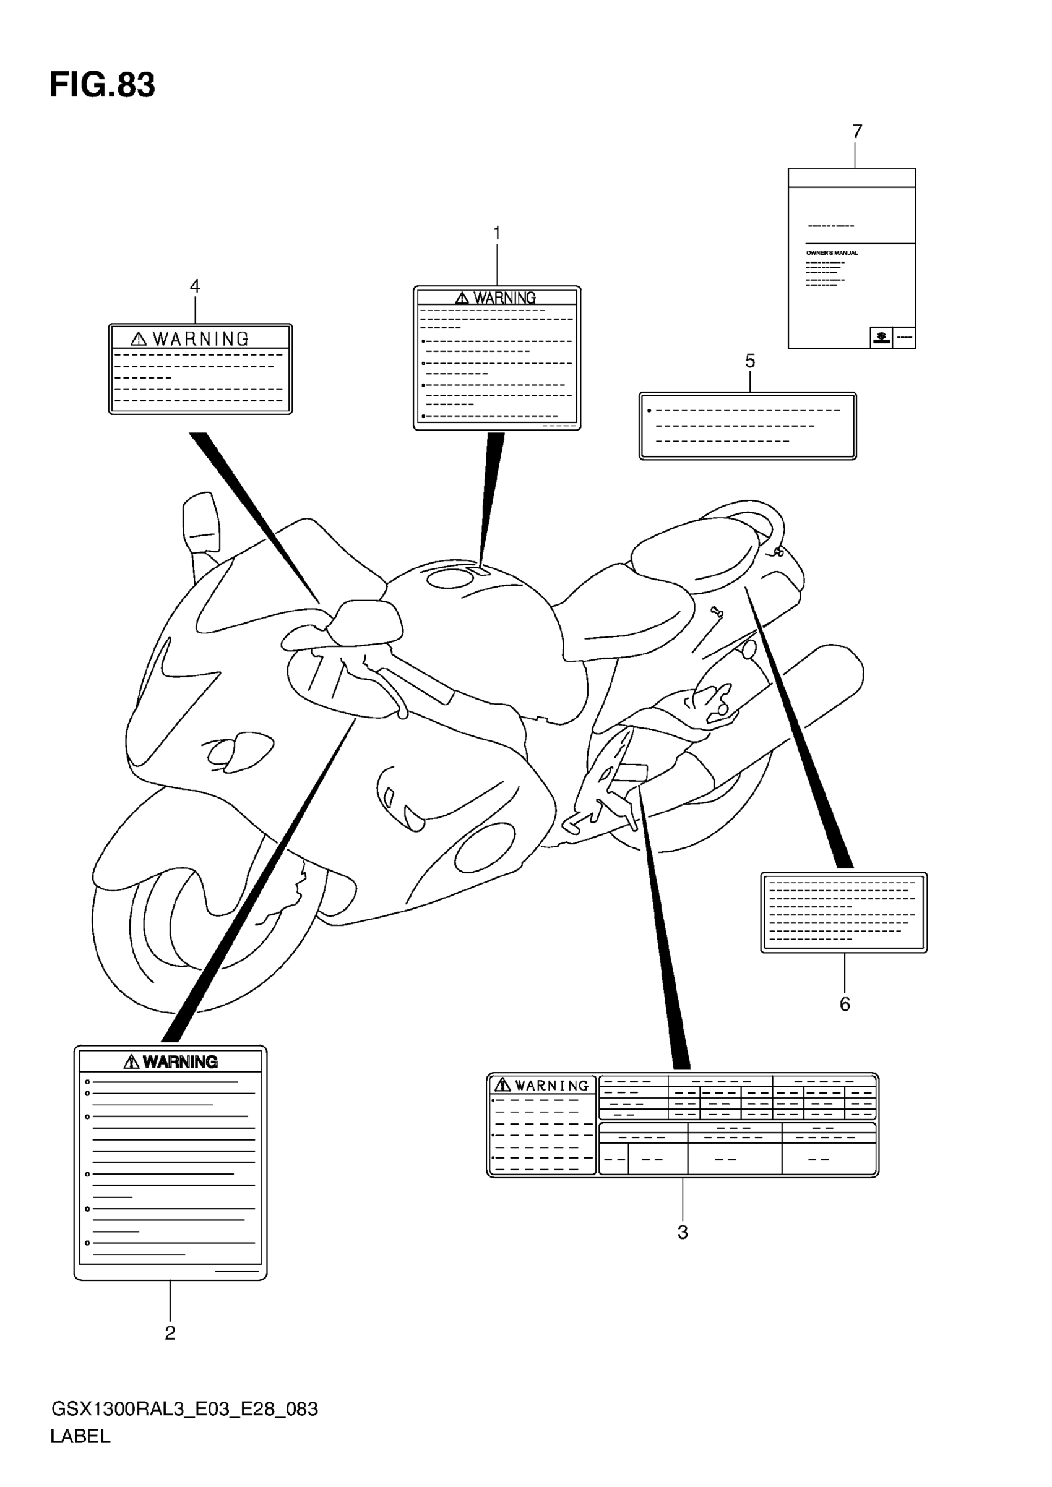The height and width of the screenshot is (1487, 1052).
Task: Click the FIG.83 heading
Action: tap(102, 85)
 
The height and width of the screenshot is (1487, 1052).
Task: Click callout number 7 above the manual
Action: tap(857, 132)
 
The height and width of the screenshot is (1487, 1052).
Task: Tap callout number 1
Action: tap(497, 233)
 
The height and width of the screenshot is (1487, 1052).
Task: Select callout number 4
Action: tap(194, 286)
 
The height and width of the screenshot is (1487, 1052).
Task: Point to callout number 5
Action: tap(750, 361)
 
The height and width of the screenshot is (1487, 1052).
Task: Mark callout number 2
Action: tap(170, 1333)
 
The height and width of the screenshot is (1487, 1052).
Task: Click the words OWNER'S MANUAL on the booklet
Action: tap(832, 252)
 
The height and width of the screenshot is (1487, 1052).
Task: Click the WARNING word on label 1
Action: tap(504, 298)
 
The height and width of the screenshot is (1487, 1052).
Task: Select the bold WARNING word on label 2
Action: tap(180, 1061)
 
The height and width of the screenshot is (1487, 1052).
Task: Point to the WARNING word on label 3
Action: tap(552, 1086)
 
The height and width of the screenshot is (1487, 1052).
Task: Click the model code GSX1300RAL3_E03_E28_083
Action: tap(184, 1409)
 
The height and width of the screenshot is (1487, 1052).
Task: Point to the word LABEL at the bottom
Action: tap(80, 1436)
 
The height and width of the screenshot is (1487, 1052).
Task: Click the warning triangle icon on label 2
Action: tap(131, 1061)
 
